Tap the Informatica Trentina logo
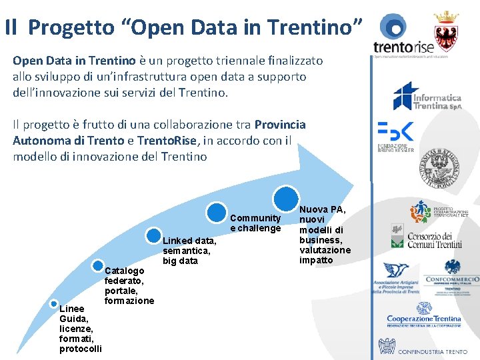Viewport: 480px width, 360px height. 427,97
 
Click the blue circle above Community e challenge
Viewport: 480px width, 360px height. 216,212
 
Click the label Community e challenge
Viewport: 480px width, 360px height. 255,223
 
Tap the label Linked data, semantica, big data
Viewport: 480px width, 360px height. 189,250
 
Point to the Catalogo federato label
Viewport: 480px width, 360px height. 129,285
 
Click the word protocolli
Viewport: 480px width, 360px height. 80,349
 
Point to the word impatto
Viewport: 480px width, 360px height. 316,260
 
